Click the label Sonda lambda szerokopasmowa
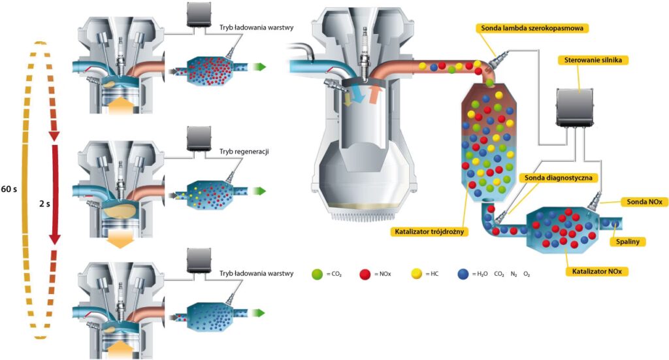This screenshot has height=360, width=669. [x=532, y=28]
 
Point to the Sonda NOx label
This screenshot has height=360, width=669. [x=642, y=202]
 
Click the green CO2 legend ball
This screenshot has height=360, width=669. [x=318, y=274]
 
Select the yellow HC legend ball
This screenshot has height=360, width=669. [x=416, y=274]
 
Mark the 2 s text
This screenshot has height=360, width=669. [x=44, y=203]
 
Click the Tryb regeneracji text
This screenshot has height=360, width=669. [x=245, y=152]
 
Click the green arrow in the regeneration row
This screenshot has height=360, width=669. [x=261, y=191]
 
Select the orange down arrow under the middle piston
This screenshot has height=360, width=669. [x=120, y=240]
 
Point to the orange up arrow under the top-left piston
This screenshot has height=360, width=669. [x=120, y=105]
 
